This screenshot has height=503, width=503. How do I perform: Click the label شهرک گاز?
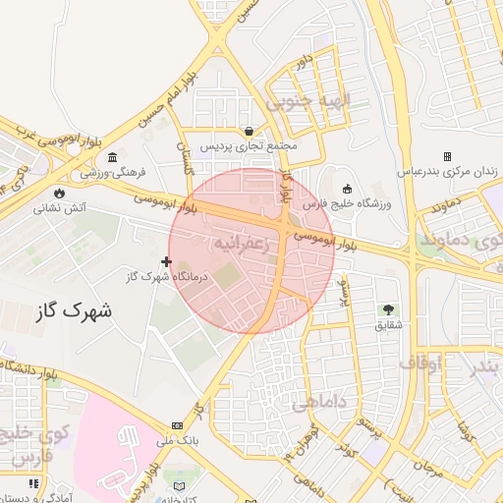click(x=73, y=310)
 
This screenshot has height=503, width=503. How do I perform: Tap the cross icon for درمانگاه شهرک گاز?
click(x=166, y=261)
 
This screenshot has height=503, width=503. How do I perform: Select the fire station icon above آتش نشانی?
click(x=63, y=193)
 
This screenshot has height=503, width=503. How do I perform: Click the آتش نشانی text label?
click(x=61, y=208)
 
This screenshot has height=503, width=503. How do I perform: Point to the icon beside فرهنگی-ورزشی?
click(x=113, y=158)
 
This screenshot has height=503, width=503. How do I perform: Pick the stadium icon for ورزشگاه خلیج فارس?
click(x=347, y=189)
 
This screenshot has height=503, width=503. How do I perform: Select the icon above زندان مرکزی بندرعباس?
click(x=447, y=156)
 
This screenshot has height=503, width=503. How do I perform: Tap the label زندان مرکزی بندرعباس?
click(x=447, y=171)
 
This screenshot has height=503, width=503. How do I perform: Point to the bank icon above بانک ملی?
click(x=177, y=425)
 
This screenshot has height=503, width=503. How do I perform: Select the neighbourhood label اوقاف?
click(x=421, y=363)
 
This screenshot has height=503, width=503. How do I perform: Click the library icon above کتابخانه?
click(x=179, y=485)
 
